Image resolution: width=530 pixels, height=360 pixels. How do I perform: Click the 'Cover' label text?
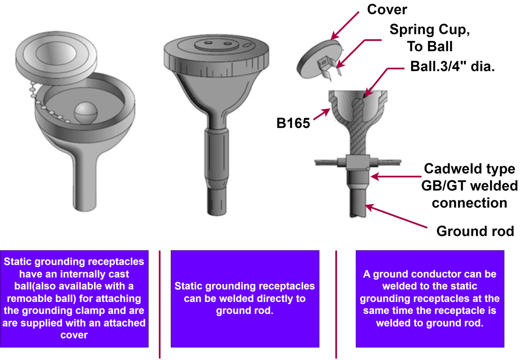click(x=387, y=9)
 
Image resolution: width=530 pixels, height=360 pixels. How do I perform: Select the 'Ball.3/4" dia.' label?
click(x=452, y=66)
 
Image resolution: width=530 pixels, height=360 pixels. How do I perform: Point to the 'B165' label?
click(x=293, y=123)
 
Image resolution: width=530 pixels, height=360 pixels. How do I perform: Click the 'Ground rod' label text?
click(x=475, y=231)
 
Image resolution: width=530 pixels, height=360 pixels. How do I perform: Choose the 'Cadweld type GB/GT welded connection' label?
click(x=469, y=186)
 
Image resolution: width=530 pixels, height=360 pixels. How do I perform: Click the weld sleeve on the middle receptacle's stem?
click(x=217, y=155)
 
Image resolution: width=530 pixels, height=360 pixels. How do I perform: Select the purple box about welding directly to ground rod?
click(x=245, y=298)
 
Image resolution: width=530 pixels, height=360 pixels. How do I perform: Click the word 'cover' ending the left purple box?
click(x=74, y=335)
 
